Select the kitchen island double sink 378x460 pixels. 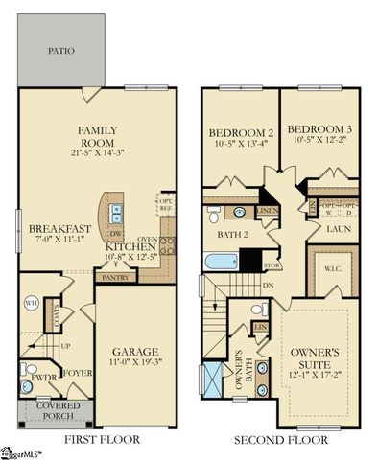pos(116,212)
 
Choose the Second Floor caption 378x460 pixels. pos(282,440)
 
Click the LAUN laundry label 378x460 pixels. pos(336,230)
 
